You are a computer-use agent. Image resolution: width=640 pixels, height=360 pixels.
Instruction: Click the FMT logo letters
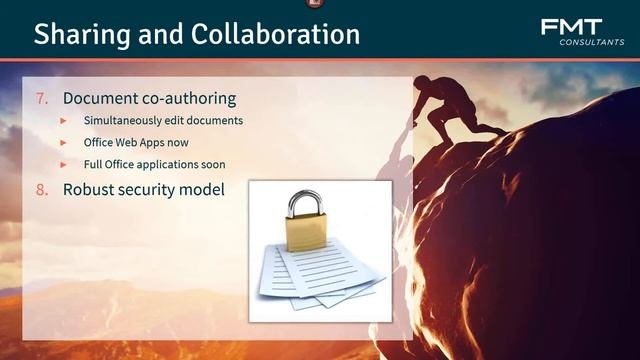pyautogui.click(x=571, y=27)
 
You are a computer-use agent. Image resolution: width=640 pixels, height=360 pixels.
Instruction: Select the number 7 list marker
pyautogui.click(x=41, y=98)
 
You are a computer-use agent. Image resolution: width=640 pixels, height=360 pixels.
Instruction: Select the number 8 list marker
pyautogui.click(x=41, y=187)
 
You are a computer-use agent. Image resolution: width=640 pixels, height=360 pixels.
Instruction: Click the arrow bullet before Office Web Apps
pyautogui.click(x=63, y=142)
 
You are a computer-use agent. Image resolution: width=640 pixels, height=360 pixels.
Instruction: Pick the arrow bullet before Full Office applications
pyautogui.click(x=63, y=164)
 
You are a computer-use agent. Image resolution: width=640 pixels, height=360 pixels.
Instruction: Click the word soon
pyautogui.click(x=212, y=164)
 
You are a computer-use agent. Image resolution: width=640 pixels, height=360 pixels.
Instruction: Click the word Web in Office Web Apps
pyautogui.click(x=135, y=142)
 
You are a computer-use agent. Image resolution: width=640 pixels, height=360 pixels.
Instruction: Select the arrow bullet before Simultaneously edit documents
pyautogui.click(x=63, y=120)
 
